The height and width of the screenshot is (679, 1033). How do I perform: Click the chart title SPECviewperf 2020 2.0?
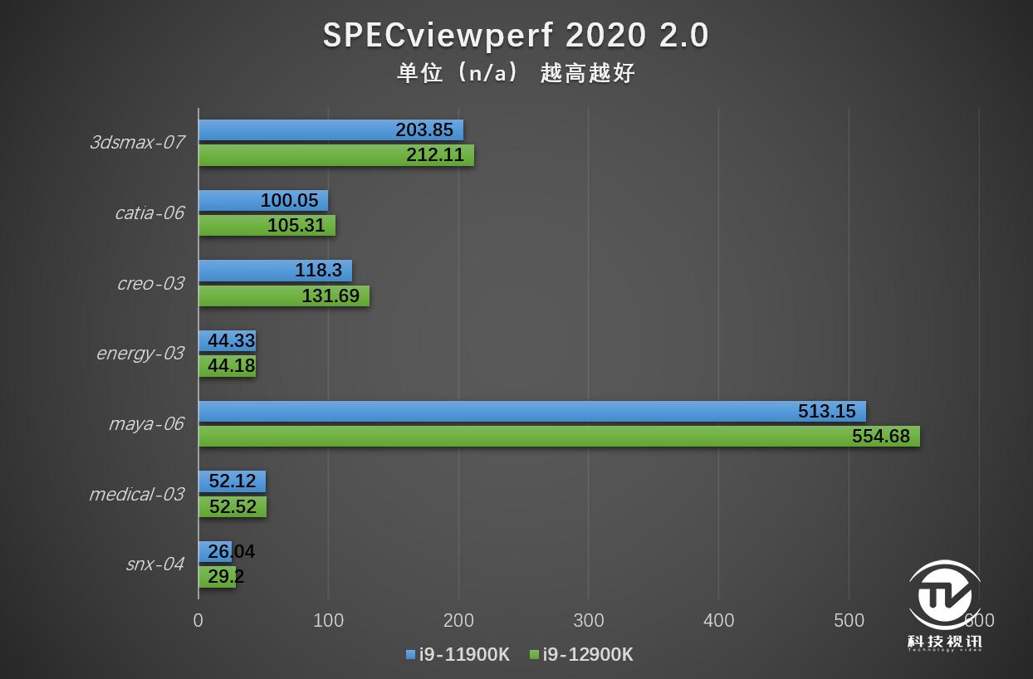(516, 35)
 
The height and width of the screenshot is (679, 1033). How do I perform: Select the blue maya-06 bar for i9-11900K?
(531, 411)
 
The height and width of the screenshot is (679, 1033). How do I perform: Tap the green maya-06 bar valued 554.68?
(558, 436)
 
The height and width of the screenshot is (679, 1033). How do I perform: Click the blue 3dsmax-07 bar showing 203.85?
(330, 129)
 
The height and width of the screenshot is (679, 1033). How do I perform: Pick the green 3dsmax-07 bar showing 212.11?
(335, 154)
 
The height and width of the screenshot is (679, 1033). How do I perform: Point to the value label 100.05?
(289, 200)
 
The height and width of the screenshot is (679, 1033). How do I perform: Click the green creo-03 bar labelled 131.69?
(283, 296)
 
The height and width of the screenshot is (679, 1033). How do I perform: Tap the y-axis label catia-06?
(149, 213)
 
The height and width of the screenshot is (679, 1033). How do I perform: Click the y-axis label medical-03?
(136, 495)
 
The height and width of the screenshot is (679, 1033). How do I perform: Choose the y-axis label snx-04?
(154, 564)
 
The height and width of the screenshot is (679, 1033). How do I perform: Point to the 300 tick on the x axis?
(589, 620)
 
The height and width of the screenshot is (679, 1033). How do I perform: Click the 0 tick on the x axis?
(198, 620)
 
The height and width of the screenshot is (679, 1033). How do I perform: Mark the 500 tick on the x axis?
(849, 620)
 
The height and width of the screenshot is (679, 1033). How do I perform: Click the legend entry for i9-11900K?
(458, 655)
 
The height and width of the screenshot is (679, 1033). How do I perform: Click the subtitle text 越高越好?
(587, 73)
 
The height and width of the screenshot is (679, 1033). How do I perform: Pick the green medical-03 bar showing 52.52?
(233, 506)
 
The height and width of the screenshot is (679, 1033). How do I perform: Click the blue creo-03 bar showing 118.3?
(275, 271)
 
